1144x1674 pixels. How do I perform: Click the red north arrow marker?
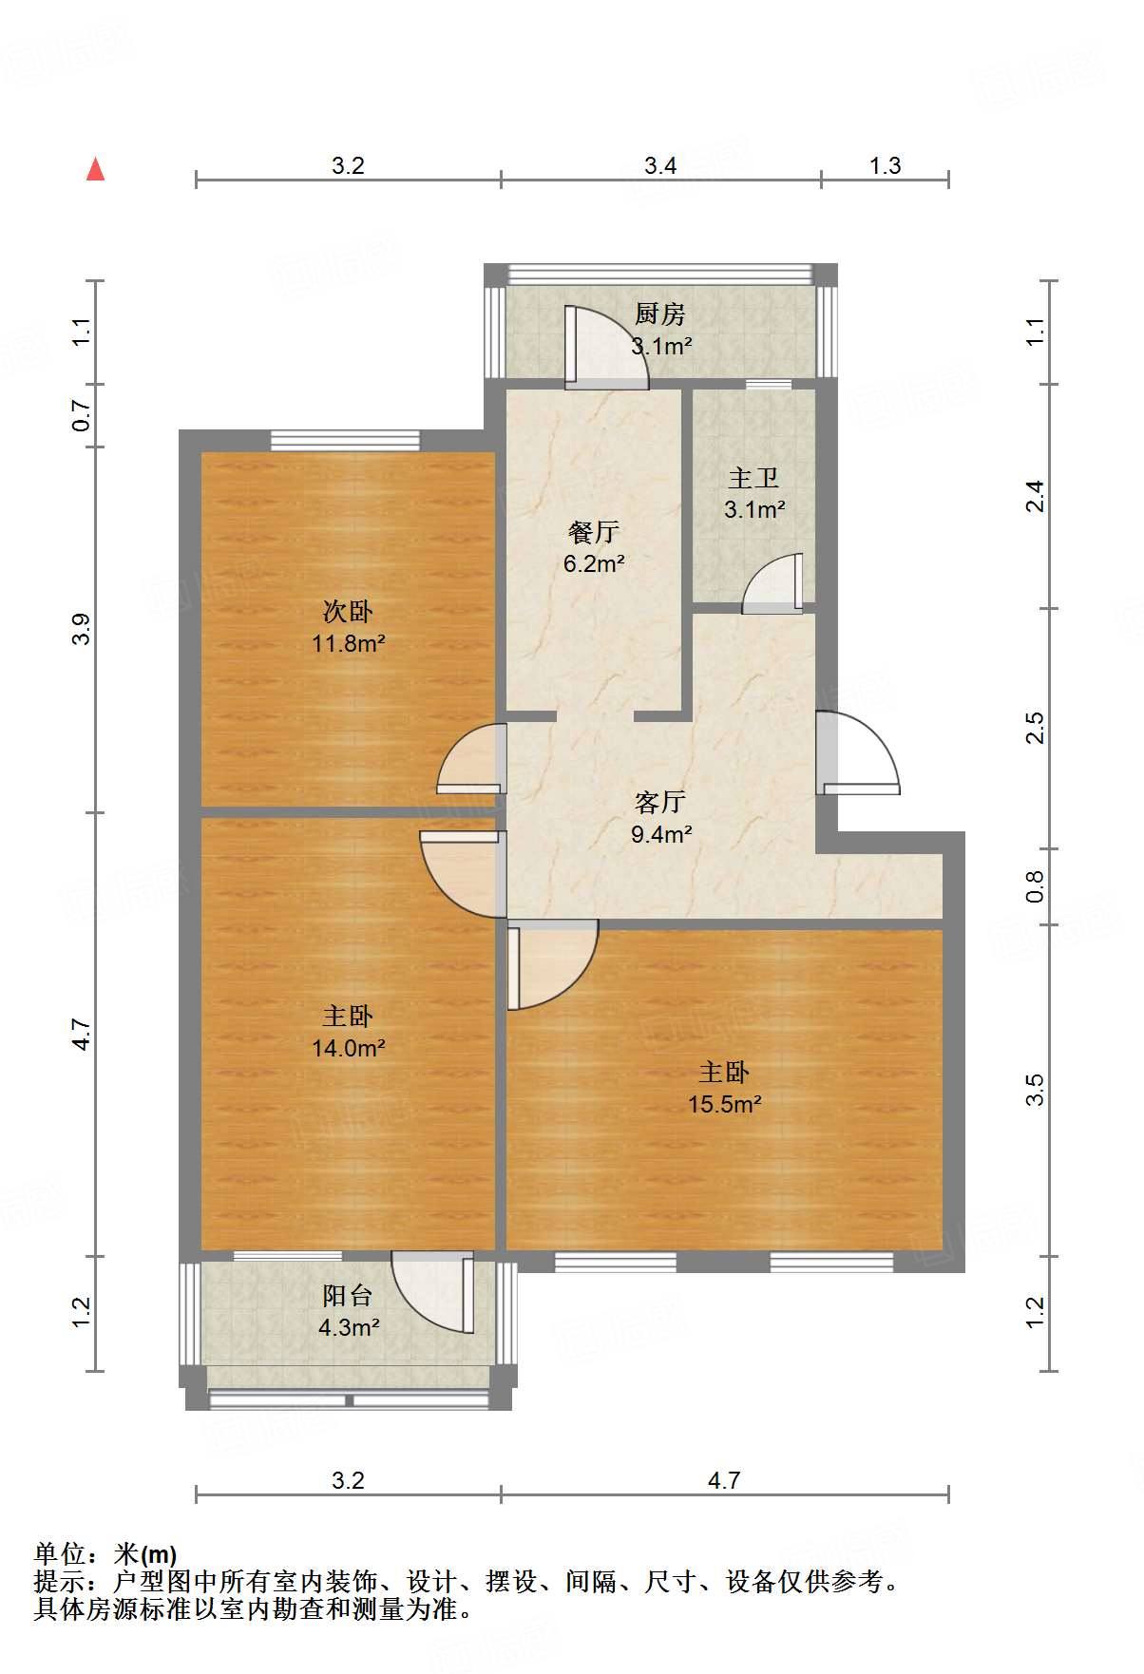[95, 169]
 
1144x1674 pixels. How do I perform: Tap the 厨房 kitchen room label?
[660, 314]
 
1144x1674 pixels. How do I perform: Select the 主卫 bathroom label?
[753, 478]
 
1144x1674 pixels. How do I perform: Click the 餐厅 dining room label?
[593, 532]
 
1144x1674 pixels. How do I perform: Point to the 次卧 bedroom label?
[348, 611]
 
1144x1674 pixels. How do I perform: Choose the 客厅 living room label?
[660, 803]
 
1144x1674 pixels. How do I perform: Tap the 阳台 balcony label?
[348, 1296]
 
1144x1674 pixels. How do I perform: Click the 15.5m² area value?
[725, 1104]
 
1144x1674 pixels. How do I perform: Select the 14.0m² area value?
[348, 1048]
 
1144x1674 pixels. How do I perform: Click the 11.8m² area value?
[348, 643]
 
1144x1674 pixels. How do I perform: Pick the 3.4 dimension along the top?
[660, 166]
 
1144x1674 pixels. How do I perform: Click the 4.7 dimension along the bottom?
[724, 1481]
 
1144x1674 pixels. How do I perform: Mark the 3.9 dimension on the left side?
[83, 629]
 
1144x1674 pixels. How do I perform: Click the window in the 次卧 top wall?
[345, 440]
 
